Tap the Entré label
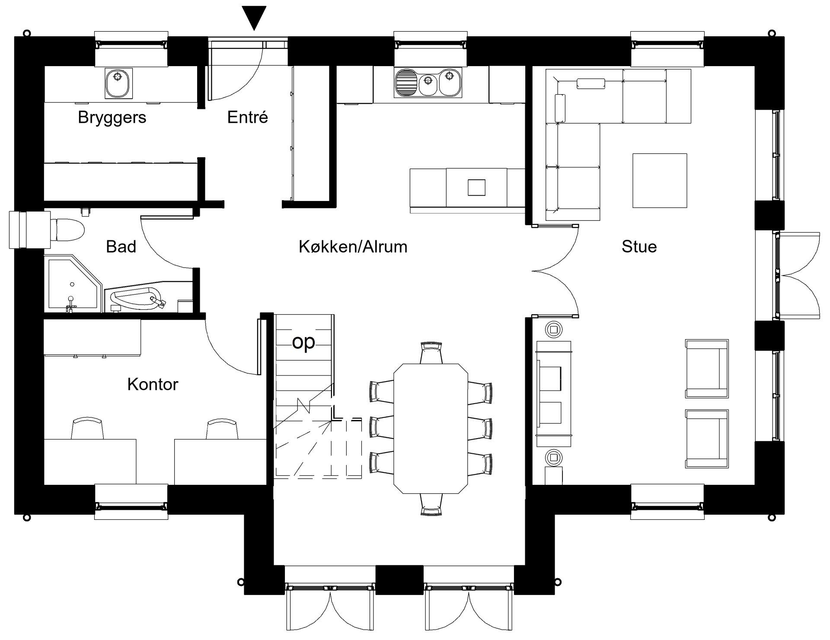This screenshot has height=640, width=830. [x=248, y=117]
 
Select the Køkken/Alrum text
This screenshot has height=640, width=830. [x=353, y=247]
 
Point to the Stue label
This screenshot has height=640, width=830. [x=639, y=247]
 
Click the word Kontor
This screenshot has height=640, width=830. [x=153, y=384]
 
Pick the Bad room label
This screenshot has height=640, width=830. [x=121, y=247]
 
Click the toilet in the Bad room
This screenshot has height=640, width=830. [x=68, y=229]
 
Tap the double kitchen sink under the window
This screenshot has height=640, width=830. [x=428, y=82]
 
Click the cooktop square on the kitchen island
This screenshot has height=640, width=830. [x=476, y=188]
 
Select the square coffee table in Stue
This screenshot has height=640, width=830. [x=660, y=181]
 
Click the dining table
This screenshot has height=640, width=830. [x=431, y=428]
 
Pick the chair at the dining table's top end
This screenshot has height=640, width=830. [x=431, y=353]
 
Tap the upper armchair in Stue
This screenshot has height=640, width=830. [x=707, y=369]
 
